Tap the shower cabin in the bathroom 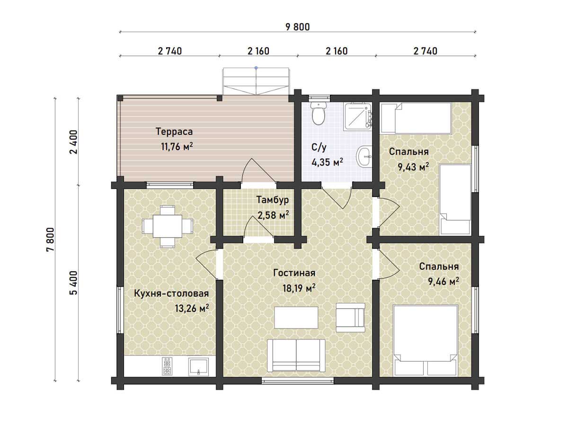pyautogui.click(x=358, y=115)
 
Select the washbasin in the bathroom pyautogui.click(x=364, y=156)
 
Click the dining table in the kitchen pyautogui.click(x=168, y=226)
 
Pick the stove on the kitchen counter pyautogui.click(x=167, y=366)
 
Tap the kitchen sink pyautogui.click(x=198, y=366)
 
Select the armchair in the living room pyautogui.click(x=351, y=318)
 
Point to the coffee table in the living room pyautogui.click(x=296, y=318)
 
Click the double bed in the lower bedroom pyautogui.click(x=426, y=340)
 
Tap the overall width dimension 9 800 pyautogui.click(x=298, y=27)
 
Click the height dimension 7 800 pyautogui.click(x=51, y=240)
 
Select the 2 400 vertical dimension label pyautogui.click(x=73, y=142)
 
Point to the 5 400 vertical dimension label pyautogui.click(x=73, y=283)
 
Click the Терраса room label pyautogui.click(x=174, y=132)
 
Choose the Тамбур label pyautogui.click(x=273, y=200)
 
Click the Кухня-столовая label pyautogui.click(x=171, y=293)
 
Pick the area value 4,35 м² pyautogui.click(x=328, y=162)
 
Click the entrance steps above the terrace pyautogui.click(x=256, y=81)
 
